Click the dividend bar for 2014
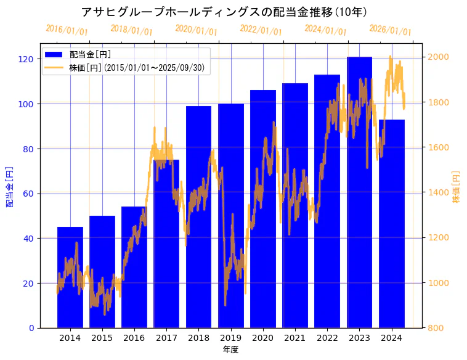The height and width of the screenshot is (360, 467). click(x=70, y=277)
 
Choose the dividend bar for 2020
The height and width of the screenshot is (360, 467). click(x=263, y=209)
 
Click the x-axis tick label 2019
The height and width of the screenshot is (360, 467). click(x=230, y=337)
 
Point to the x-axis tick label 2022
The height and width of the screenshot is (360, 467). click(x=327, y=337)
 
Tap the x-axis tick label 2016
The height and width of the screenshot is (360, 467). click(x=134, y=337)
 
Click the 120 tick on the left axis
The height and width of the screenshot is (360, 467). click(x=26, y=59)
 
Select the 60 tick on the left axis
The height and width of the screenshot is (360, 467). click(x=28, y=194)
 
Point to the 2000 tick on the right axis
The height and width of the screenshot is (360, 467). click(x=439, y=57)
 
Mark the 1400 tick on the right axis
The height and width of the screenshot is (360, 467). click(x=439, y=193)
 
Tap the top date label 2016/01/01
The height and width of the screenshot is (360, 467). click(x=67, y=30)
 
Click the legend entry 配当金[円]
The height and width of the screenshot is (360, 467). click(x=90, y=54)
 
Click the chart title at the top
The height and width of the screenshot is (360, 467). click(x=224, y=12)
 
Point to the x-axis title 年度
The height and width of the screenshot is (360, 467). click(x=230, y=350)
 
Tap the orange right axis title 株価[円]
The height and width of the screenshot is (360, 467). click(x=457, y=187)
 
